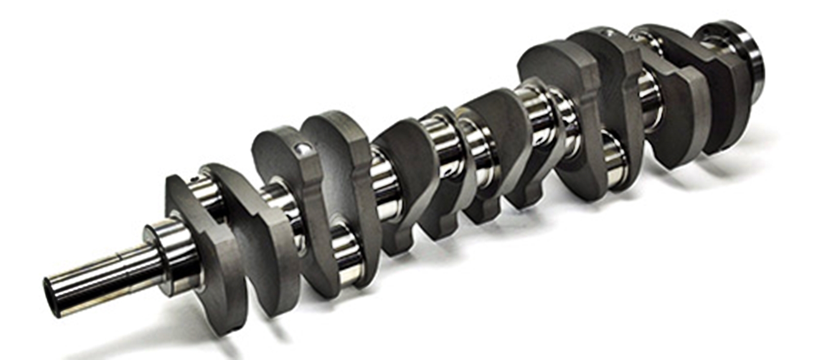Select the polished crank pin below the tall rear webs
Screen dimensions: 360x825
click(616, 160)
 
